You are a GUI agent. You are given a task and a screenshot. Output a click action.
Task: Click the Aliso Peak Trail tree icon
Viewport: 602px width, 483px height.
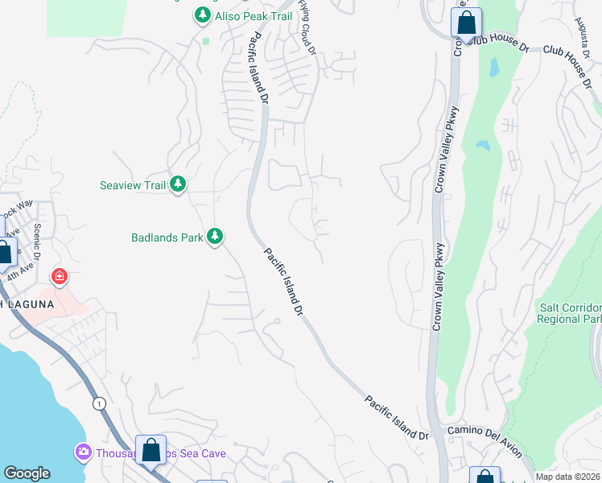coord(202,15)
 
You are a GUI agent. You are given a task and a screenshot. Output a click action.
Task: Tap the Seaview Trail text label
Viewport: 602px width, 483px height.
coord(132,185)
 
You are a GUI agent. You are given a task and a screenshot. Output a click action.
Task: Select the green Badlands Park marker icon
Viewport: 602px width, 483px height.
coord(214,237)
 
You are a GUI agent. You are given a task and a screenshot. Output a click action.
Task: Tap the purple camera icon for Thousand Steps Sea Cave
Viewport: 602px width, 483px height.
coord(82,453)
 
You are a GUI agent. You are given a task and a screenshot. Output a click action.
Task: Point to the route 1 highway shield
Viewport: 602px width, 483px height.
coord(98,403)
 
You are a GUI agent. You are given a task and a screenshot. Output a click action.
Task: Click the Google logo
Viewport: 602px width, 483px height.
coord(27,473)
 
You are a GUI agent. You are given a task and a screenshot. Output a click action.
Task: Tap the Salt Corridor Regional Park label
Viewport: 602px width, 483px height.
coord(569,313)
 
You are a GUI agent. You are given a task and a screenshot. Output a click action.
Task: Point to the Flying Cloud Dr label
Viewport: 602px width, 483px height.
coord(306,23)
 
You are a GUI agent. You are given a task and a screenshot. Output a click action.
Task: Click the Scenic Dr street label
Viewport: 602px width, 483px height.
coord(39,237)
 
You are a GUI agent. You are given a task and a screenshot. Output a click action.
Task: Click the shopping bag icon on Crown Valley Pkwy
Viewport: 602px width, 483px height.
coord(466,23)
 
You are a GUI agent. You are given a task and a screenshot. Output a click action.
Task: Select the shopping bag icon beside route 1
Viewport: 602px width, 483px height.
coord(150,450)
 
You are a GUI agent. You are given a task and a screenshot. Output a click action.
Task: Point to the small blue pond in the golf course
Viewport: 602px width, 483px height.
coord(483,146)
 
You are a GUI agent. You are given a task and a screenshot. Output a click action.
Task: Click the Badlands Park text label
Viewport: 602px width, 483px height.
coord(167,237)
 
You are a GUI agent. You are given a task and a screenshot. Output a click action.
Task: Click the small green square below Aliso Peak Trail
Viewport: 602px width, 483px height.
coord(206,40)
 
